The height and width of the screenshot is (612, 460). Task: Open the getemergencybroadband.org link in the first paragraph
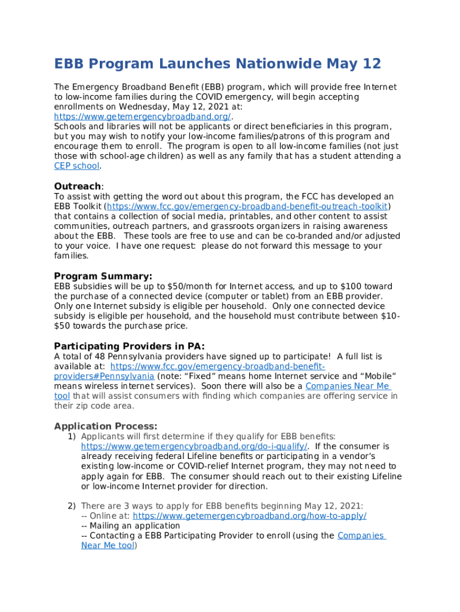pyautogui.click(x=142, y=117)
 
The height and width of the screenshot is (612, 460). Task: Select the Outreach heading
pyautogui.click(x=78, y=186)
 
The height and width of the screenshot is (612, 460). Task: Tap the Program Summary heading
pyautogui.click(x=103, y=276)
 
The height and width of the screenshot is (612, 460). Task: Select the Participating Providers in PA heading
pyautogui.click(x=129, y=346)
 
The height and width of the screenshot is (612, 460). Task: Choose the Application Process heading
pyautogui.click(x=106, y=426)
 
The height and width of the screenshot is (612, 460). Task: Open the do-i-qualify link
pyautogui.click(x=194, y=446)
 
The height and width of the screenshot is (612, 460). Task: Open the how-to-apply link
pyautogui.click(x=249, y=516)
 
